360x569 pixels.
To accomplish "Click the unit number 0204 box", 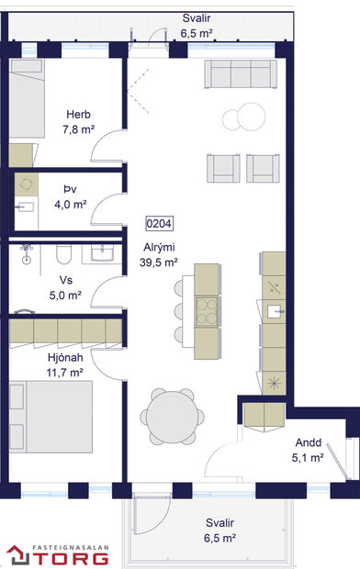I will point(159,223).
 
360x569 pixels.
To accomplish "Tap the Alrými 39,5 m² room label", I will point(159,254).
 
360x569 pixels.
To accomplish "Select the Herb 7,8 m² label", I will point(77,121).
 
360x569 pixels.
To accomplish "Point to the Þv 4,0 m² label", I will point(70,198).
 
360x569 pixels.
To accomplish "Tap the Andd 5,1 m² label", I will point(308,449).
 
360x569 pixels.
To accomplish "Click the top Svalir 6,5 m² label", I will point(197,25).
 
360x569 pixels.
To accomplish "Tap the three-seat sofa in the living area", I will point(242,73).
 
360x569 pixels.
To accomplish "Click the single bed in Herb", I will point(36,103).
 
